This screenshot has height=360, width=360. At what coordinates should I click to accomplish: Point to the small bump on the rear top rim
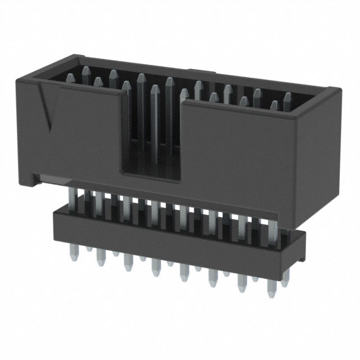coord(205,72)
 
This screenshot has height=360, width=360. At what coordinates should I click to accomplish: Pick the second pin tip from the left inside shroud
coord(98,82)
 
